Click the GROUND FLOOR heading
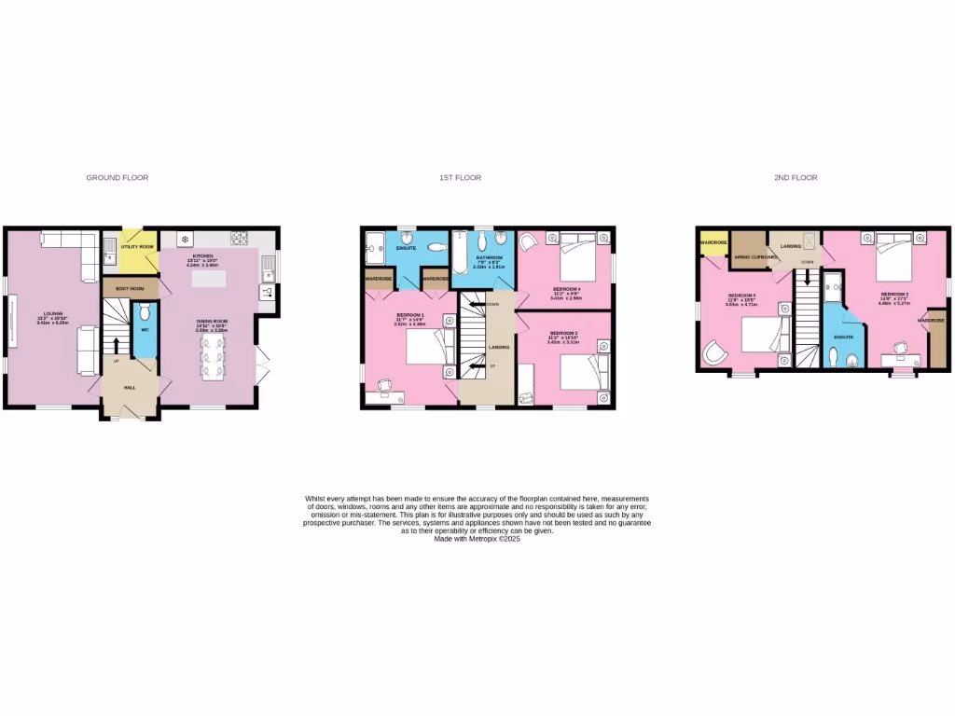[118, 177]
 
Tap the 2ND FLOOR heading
[796, 177]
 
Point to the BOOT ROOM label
[131, 289]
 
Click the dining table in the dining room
[212, 354]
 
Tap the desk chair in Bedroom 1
[384, 385]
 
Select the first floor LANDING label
[500, 347]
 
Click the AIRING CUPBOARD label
[755, 256]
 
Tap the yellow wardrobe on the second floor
[713, 244]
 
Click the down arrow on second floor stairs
[808, 278]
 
